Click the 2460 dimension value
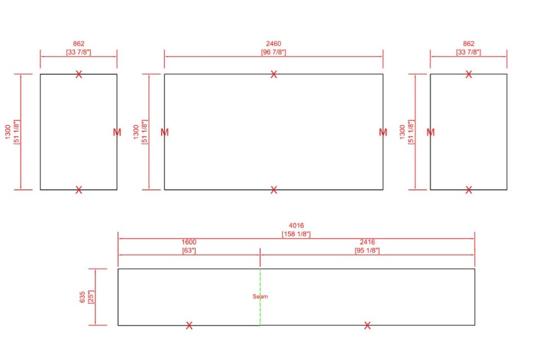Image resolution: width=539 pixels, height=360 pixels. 273,44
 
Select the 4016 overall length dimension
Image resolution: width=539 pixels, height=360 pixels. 296,226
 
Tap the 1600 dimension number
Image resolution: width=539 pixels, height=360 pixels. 189,242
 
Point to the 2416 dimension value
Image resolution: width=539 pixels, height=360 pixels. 367,242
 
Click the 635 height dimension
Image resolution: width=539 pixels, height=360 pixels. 83,297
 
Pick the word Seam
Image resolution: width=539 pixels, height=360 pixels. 260,297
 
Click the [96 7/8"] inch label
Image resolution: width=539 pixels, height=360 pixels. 273,52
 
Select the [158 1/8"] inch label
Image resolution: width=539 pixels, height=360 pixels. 296,234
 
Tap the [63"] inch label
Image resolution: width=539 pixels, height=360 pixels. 189,250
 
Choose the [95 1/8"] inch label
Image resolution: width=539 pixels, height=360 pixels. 367,250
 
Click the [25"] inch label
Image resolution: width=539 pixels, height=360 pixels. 91,297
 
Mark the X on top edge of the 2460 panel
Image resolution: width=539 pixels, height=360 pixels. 273,74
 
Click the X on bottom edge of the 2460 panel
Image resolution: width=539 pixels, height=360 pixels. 273,190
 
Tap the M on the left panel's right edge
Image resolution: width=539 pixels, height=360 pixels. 117,132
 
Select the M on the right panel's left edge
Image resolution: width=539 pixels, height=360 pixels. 431,132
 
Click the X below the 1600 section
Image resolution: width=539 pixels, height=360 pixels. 189,325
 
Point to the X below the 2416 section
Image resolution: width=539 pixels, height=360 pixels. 367,325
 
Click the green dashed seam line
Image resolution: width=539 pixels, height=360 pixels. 260,297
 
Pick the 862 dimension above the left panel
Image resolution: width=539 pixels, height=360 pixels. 79,44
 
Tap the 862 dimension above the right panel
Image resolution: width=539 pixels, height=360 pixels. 468,44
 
